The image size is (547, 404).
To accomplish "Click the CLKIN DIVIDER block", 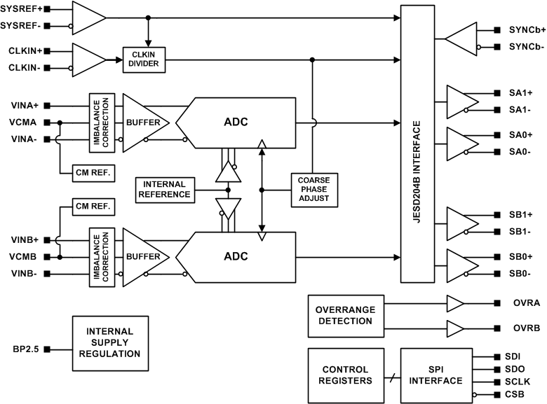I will [143, 60].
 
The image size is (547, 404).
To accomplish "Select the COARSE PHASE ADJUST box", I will [314, 189].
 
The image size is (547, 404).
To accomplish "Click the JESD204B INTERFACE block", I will [417, 144].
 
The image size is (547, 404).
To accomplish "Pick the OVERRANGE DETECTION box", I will [346, 315].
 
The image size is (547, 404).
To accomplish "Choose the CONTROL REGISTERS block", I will [346, 375].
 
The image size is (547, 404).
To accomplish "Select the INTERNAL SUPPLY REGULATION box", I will [109, 342].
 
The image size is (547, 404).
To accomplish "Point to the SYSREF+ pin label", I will [22, 11].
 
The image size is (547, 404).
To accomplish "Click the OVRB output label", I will [526, 328].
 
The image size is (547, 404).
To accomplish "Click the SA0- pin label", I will [520, 152].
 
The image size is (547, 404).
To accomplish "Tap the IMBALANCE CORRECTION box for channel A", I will [101, 123].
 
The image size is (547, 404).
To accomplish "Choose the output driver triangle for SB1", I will [461, 222].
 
